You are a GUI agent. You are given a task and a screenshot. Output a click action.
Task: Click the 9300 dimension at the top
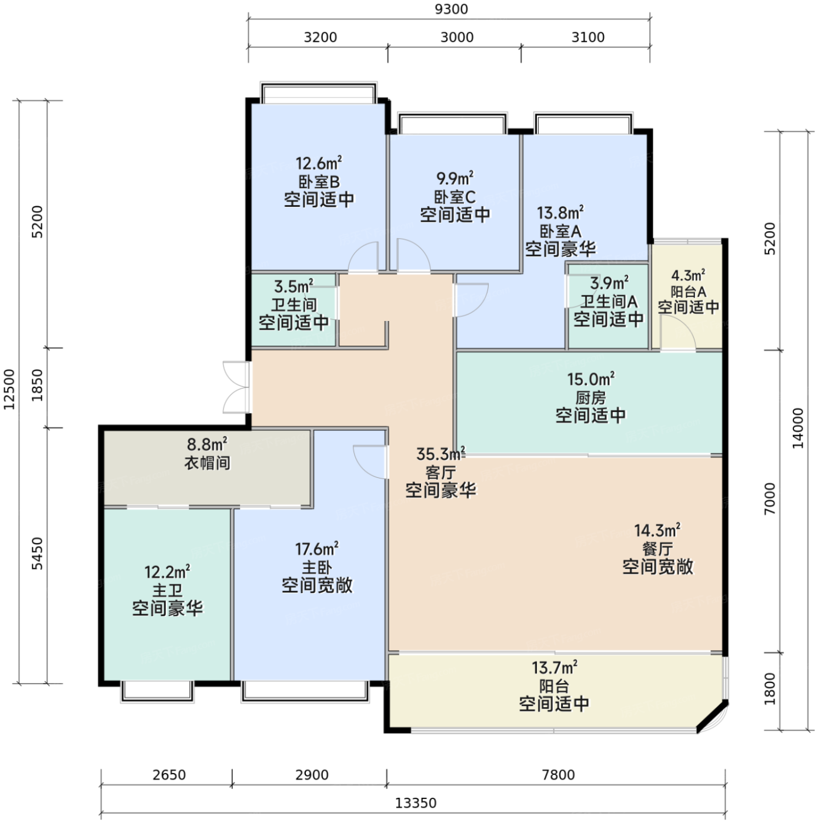(451, 9)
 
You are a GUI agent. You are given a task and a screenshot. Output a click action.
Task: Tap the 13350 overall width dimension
(415, 803)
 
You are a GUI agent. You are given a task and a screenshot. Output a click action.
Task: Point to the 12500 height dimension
(9, 389)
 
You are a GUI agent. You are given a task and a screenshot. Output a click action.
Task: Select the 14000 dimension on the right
(797, 429)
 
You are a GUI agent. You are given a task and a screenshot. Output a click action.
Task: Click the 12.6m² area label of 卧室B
(319, 163)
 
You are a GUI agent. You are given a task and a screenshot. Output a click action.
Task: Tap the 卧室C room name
(455, 197)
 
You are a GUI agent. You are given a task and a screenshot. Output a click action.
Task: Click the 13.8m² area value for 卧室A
(560, 212)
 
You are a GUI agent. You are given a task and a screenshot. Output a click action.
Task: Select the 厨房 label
(590, 397)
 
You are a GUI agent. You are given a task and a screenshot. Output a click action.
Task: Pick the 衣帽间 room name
(207, 463)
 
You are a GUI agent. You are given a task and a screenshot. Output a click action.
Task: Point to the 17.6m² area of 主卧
(317, 548)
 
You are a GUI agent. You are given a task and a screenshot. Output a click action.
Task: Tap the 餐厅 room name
(657, 549)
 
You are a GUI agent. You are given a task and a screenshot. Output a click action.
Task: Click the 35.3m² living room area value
(440, 454)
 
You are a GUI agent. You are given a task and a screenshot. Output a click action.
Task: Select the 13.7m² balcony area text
(555, 667)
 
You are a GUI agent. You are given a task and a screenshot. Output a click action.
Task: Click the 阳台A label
(688, 292)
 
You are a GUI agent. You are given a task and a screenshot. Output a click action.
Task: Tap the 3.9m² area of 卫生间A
(609, 283)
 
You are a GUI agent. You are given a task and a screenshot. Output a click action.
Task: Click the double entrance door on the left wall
(236, 388)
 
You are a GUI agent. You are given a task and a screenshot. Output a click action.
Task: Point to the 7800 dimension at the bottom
(558, 775)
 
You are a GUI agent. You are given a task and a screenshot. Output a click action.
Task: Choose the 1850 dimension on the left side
(38, 385)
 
